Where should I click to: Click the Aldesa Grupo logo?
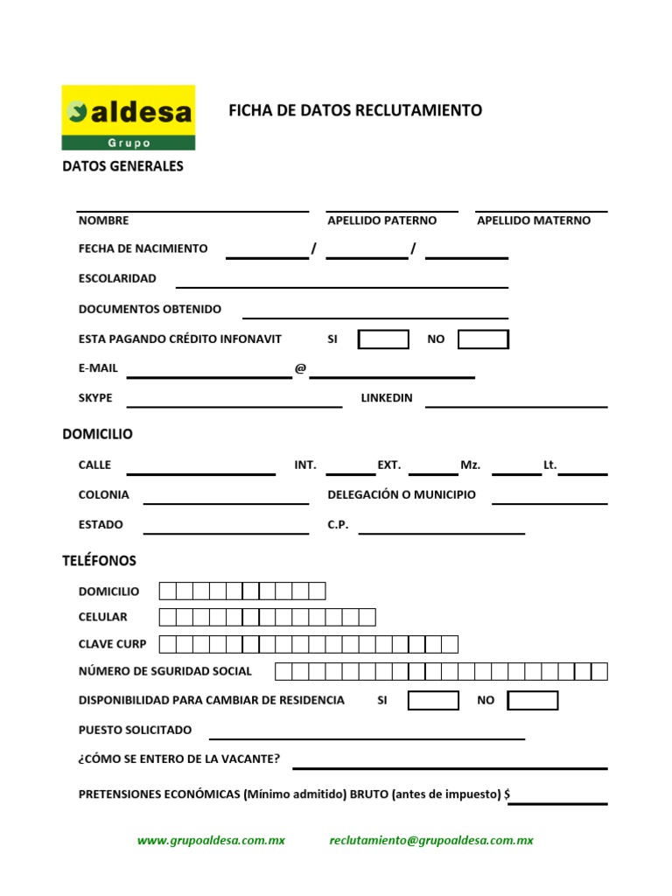point(128,117)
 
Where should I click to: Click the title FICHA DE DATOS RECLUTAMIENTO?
point(355,110)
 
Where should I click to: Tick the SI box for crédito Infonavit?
point(383,339)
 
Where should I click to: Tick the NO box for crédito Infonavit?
point(483,339)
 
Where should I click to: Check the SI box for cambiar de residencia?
point(433,700)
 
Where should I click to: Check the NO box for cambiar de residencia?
point(533,700)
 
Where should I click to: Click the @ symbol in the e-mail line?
point(300,368)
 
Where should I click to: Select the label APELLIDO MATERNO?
point(534,220)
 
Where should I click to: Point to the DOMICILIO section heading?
point(97,434)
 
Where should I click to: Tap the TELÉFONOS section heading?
point(99,561)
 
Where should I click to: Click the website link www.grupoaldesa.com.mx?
point(211,840)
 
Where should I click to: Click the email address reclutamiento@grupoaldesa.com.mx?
point(431,840)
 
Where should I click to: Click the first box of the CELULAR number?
point(168,618)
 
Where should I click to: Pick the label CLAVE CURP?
point(113,644)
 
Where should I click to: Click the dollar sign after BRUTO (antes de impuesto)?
point(507,794)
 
